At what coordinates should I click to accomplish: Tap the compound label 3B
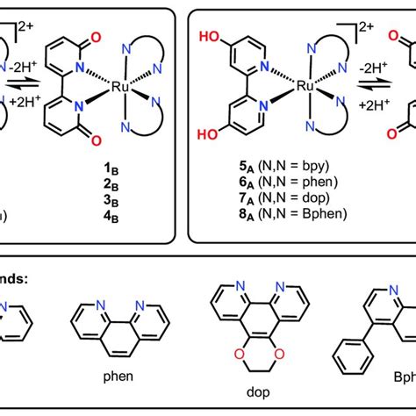click(x=133, y=204)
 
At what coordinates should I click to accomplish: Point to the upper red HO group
click(x=213, y=39)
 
